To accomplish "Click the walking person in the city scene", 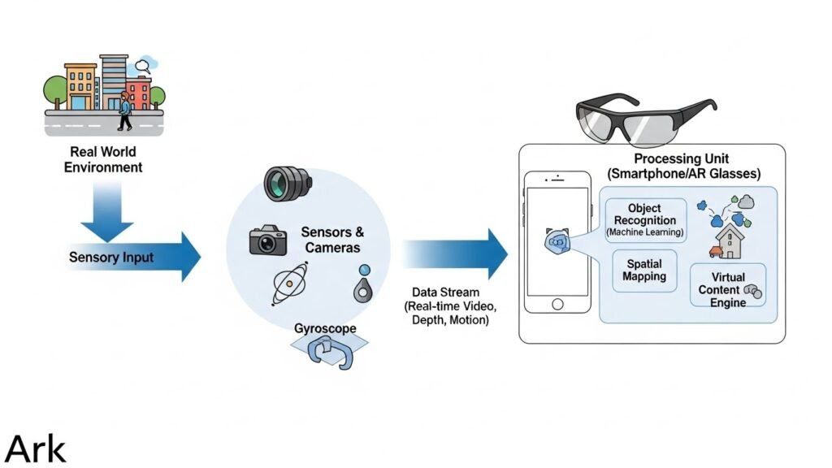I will tap(124, 111).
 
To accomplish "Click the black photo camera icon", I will tap(267, 240).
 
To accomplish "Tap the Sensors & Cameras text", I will tap(331, 240).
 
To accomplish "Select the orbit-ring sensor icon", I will tap(288, 284).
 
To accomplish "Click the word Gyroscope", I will tap(326, 329).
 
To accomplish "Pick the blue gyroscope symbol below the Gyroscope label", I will tap(329, 352).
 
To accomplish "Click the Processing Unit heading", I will tap(683, 166).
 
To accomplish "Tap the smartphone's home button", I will tap(557, 304).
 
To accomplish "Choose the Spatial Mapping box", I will tap(644, 271).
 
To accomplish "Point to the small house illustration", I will tap(730, 239).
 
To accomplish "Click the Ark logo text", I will tap(36, 448).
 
